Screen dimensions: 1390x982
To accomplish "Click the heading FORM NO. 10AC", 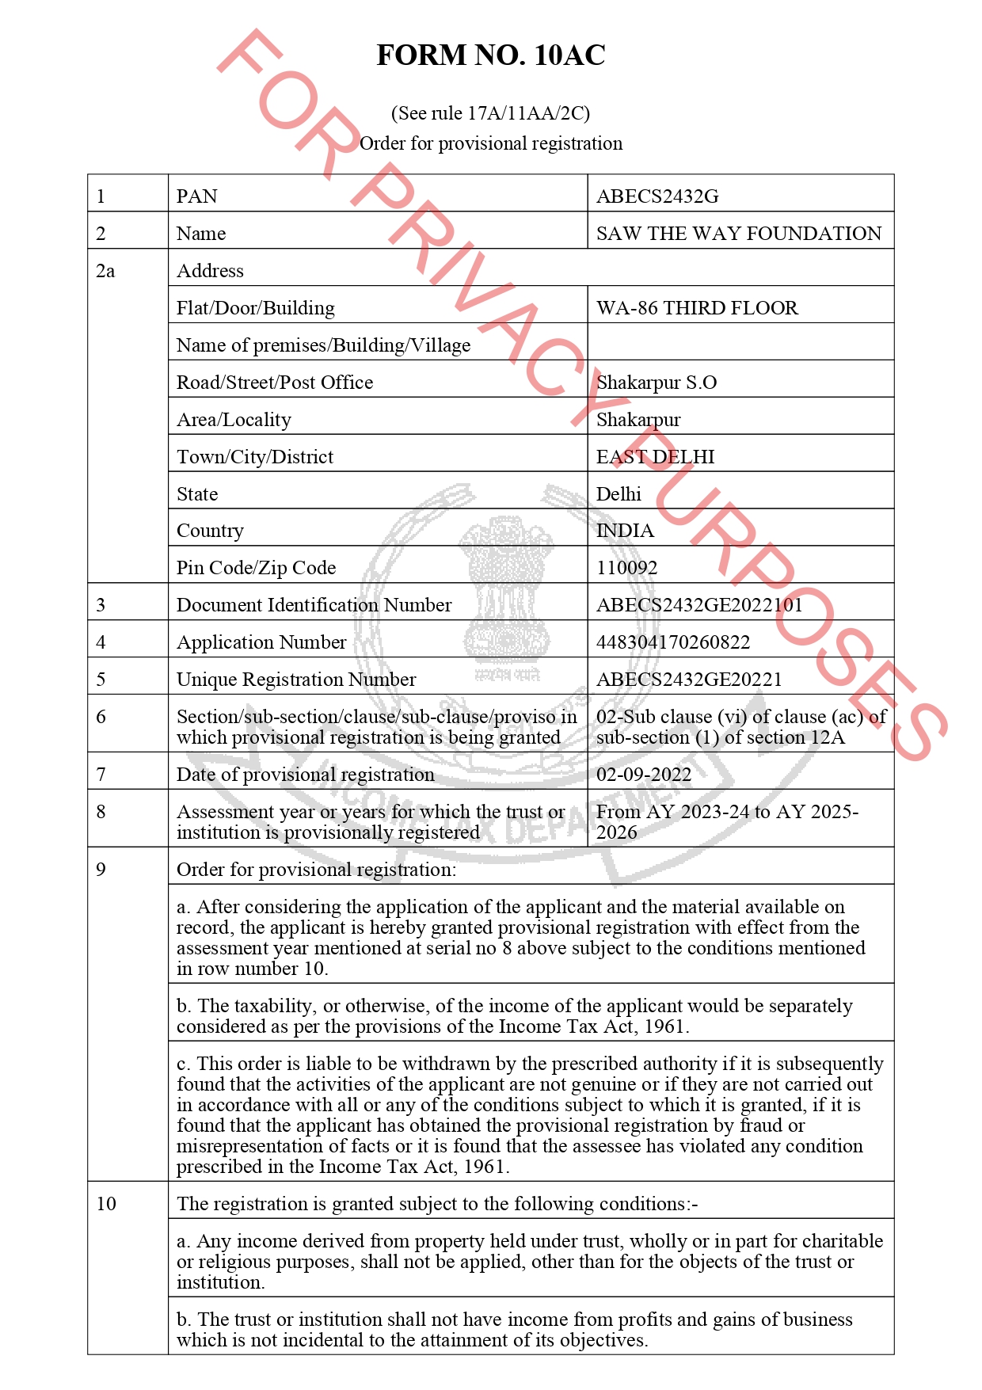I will [490, 55].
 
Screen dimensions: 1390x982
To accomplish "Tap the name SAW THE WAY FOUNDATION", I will [738, 234].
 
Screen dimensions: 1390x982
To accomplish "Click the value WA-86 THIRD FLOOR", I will [697, 308].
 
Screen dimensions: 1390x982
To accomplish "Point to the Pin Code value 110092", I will [626, 568].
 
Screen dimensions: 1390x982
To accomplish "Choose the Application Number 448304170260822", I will [672, 642].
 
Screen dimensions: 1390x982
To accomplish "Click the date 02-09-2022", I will [643, 775].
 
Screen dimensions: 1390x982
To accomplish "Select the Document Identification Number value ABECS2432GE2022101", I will [698, 605].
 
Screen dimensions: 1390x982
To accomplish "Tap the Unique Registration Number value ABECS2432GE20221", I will [688, 680].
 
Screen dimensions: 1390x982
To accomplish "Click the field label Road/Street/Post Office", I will [275, 383].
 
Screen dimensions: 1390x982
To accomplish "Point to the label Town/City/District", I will [255, 457].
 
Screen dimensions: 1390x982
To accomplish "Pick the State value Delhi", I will [619, 494].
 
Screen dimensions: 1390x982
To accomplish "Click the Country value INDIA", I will [625, 531].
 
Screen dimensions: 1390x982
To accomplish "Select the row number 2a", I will [105, 271].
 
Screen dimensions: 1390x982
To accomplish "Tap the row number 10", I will [106, 1204].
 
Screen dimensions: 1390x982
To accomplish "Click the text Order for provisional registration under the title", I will [491, 143].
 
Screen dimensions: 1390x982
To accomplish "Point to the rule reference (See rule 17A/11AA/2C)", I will [490, 113].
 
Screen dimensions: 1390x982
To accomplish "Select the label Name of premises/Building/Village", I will [323, 345].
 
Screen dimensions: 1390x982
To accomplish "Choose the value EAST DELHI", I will [655, 457].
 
